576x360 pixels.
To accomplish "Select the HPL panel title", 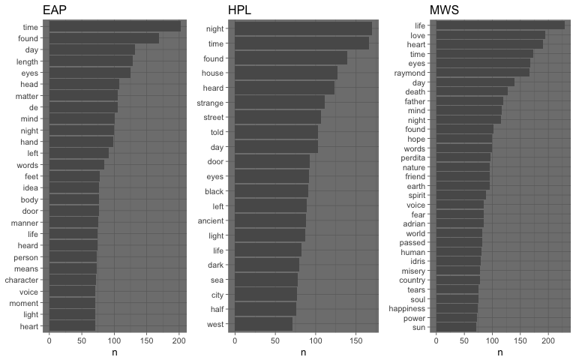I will [241, 10].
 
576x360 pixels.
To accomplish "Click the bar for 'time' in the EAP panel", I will [115, 26].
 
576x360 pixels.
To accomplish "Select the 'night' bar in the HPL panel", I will [303, 28].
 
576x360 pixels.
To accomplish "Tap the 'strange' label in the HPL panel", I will [210, 102].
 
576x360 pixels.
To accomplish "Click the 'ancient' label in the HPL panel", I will [210, 220].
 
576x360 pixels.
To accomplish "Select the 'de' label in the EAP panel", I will [34, 107].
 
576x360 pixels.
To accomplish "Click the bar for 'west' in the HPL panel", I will [263, 324].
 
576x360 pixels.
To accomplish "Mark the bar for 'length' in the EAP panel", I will [91, 61].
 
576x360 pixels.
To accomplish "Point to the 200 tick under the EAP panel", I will [179, 341].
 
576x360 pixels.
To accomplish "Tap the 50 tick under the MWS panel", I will [464, 341].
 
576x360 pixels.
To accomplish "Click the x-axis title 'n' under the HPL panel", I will [303, 352].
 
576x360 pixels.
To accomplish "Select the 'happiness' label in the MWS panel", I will [407, 308].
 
